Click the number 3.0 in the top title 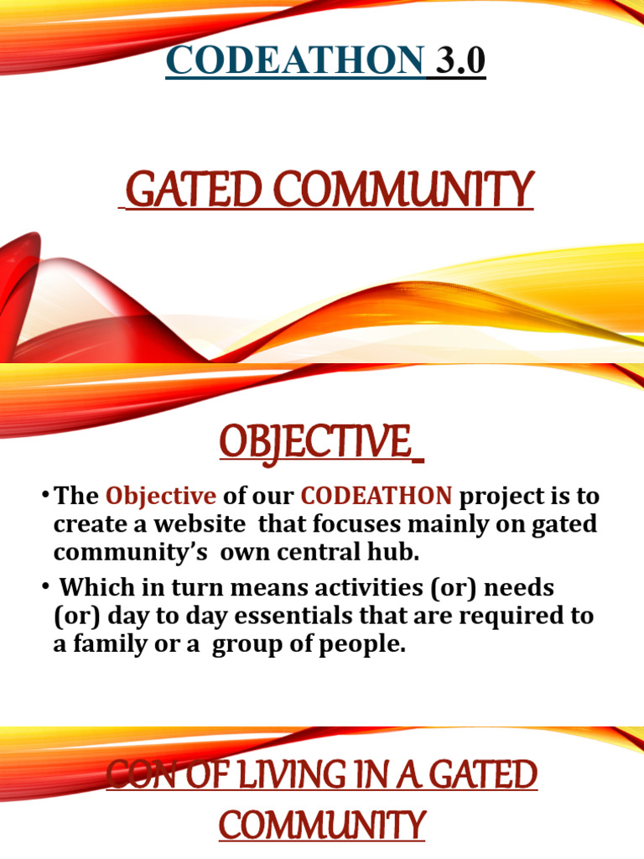pyautogui.click(x=459, y=62)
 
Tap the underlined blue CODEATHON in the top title pyautogui.click(x=295, y=62)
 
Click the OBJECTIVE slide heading pyautogui.click(x=320, y=441)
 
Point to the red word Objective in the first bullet pyautogui.click(x=160, y=497)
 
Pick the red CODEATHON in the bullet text pyautogui.click(x=377, y=497)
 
